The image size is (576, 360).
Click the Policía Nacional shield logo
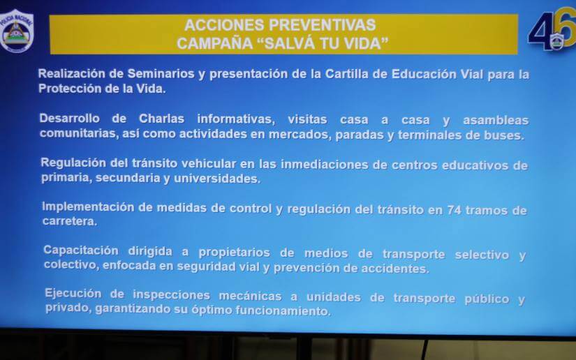(x=17, y=30)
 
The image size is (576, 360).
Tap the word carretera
(x=69, y=222)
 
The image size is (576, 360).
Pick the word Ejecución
(x=73, y=293)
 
